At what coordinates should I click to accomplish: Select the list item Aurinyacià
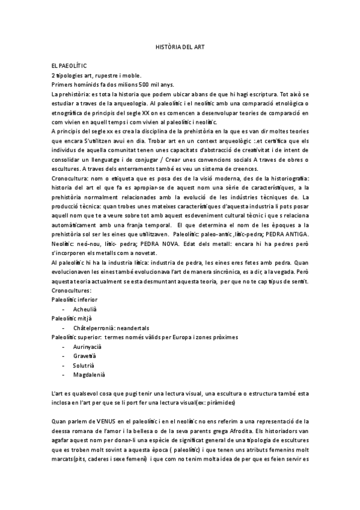point(88,348)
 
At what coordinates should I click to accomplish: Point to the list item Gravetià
point(85,357)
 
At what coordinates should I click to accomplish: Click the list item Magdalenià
point(89,376)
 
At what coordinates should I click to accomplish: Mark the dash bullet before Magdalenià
point(64,376)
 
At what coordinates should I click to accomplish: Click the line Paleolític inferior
point(75,299)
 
